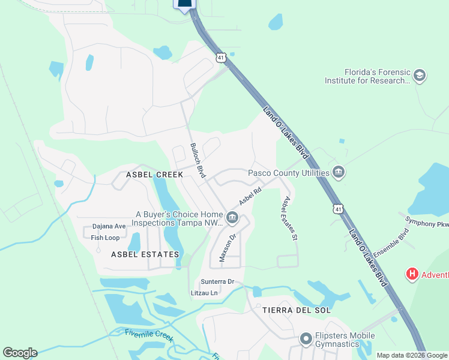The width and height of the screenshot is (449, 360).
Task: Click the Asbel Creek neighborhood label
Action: (x=154, y=175)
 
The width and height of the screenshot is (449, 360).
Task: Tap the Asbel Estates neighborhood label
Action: (x=145, y=254)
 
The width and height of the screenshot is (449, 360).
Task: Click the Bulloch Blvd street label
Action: (x=198, y=161)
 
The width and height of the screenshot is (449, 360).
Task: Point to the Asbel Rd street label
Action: (x=251, y=196)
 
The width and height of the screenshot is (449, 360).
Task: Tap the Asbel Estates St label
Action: (x=290, y=218)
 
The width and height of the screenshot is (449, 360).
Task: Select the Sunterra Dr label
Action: (x=217, y=281)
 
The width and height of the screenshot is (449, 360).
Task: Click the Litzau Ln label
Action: (x=205, y=293)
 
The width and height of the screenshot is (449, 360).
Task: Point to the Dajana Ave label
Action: (x=109, y=227)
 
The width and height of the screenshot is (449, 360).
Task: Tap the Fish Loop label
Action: (x=105, y=238)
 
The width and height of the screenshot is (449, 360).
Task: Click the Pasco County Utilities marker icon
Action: (x=339, y=173)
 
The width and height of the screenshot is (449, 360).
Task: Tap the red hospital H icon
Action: (x=412, y=275)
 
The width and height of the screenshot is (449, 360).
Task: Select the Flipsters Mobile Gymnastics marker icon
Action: (x=306, y=340)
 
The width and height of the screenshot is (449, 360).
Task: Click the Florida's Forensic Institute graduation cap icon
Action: (x=420, y=76)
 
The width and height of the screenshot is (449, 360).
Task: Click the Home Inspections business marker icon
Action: (x=232, y=217)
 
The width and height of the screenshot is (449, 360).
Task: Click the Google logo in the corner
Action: (x=20, y=353)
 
